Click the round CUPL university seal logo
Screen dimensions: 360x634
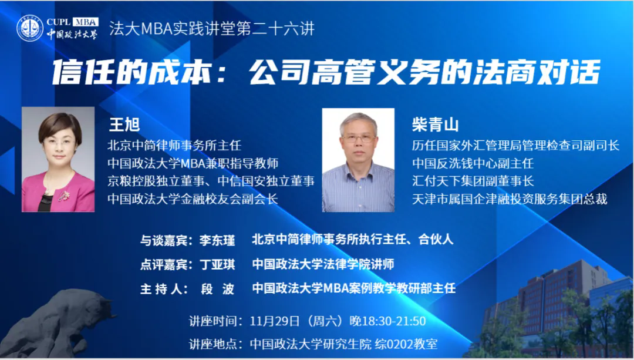tap(30, 28)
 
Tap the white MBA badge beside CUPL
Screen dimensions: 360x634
tap(86, 22)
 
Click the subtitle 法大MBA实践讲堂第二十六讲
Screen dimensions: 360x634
tap(211, 29)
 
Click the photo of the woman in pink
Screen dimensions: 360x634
tap(58, 159)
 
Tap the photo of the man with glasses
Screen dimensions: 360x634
tap(358, 160)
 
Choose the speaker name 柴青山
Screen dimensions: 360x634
tap(435, 125)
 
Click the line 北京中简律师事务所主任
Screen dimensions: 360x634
tap(174, 145)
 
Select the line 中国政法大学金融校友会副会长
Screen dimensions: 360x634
tap(193, 198)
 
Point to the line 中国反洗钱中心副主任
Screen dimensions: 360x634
tap(473, 163)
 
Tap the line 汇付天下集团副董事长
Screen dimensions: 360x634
tap(473, 181)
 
